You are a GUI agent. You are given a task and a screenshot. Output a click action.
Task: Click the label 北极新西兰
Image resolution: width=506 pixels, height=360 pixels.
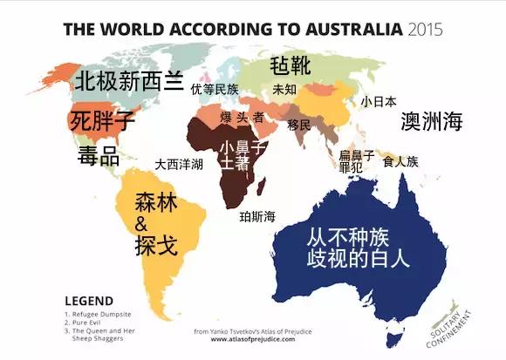[127, 82]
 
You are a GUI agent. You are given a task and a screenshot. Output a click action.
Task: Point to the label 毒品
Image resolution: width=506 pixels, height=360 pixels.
[98, 157]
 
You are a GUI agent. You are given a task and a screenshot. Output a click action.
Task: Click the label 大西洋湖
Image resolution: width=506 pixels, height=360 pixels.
[179, 163]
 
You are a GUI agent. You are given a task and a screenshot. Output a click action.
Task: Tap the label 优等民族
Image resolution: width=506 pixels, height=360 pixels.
[215, 90]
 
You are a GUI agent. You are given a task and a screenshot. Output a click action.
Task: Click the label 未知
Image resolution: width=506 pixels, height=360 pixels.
[284, 90]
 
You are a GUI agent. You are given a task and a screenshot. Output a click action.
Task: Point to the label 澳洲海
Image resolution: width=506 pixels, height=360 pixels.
[431, 123]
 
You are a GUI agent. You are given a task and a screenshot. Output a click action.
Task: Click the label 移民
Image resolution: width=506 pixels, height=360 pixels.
[298, 125]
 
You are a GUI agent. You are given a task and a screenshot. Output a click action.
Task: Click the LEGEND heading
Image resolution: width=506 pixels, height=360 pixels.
[88, 299]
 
